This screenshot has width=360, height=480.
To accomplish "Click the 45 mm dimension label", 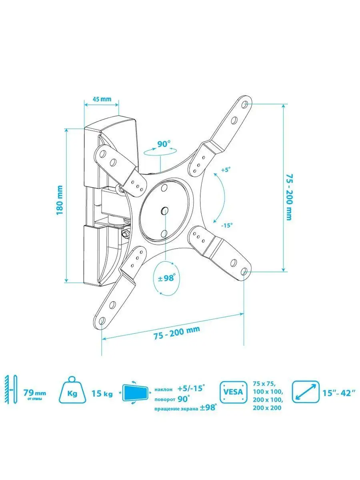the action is pos(102,99).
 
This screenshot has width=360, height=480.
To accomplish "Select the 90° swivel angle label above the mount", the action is pos(163,144).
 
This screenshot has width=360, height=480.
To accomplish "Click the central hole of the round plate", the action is pos(164,210).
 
